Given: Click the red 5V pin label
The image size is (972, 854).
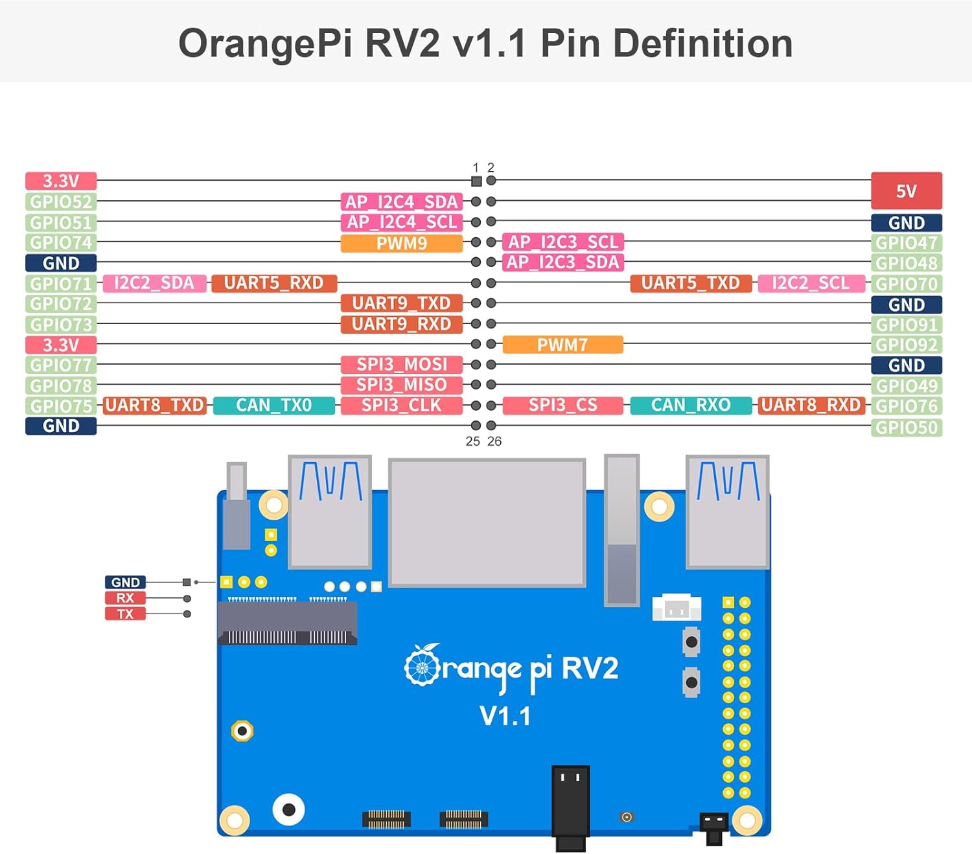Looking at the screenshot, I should tap(906, 190).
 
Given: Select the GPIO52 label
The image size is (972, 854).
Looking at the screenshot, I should tap(61, 202).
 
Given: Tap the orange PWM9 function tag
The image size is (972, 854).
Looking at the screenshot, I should tap(401, 243).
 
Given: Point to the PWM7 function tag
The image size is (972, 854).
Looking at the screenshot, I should tap(562, 345).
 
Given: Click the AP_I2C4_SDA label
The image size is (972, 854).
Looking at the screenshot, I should tap(401, 202).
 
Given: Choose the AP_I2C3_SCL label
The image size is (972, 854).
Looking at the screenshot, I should tap(562, 242).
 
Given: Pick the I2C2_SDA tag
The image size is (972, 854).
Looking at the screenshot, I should tap(154, 283).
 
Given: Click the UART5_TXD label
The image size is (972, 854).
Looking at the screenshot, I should tap(690, 283).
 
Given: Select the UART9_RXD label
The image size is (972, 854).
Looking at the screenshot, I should tap(401, 324).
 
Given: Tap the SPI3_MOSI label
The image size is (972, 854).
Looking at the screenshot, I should tap(401, 364).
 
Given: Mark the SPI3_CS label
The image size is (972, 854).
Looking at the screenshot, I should tap(562, 406).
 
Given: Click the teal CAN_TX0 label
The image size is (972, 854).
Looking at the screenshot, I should tap(273, 406).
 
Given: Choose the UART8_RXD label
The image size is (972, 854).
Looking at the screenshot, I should tap(810, 406).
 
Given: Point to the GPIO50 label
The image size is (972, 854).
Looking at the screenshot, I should tap(906, 428).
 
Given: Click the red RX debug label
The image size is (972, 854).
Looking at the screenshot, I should tap(125, 598).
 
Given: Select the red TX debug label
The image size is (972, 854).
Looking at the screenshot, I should tap(125, 614).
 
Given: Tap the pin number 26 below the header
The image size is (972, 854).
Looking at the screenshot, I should tap(494, 441).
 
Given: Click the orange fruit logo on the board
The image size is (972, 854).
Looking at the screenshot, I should tap(422, 665).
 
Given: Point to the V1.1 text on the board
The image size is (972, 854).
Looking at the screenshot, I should tap(505, 717).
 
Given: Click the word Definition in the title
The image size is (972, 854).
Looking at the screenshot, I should tap(702, 43).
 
